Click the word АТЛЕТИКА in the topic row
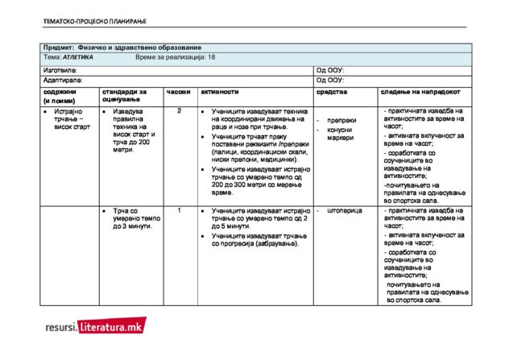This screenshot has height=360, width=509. tap(78, 58)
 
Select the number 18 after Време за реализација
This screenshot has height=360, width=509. tap(211, 58)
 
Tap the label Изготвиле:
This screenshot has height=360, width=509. tap(60, 70)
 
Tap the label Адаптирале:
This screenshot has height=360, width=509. tap(62, 81)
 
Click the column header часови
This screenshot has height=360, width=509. tap(178, 93)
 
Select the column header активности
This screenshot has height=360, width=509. tap(221, 93)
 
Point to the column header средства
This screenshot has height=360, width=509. tap(331, 93)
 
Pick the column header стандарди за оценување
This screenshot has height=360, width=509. tap(124, 97)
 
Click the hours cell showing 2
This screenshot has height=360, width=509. tap(179, 111)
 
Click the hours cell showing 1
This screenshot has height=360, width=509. tap(179, 210)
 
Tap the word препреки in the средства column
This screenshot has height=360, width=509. tap(342, 121)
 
